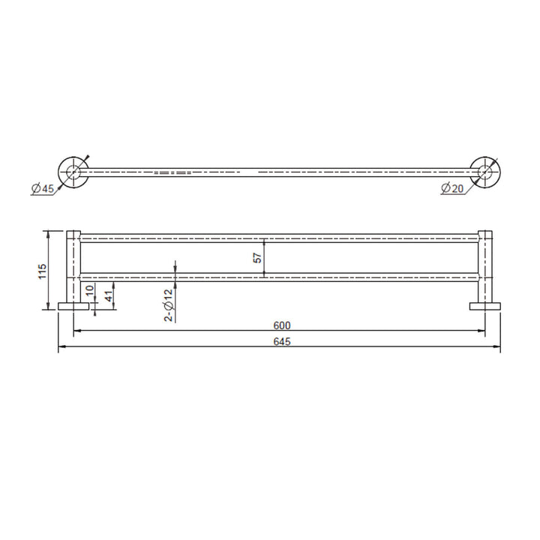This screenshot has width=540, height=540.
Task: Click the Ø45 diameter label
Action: click(43, 189)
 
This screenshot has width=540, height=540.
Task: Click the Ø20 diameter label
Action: click(452, 189)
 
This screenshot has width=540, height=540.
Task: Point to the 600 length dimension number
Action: click(281, 325)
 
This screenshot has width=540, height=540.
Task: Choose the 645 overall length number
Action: click(281, 341)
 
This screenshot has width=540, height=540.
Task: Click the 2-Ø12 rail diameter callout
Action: click(169, 304)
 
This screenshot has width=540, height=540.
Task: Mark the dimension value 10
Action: click(89, 290)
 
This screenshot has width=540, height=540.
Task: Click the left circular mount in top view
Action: click(72, 172)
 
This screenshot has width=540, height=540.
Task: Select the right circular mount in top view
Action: click(484, 172)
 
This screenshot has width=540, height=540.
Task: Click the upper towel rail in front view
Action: click(277, 238)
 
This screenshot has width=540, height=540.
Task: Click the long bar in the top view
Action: click(277, 172)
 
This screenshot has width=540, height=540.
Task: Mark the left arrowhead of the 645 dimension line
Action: click(61, 346)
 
